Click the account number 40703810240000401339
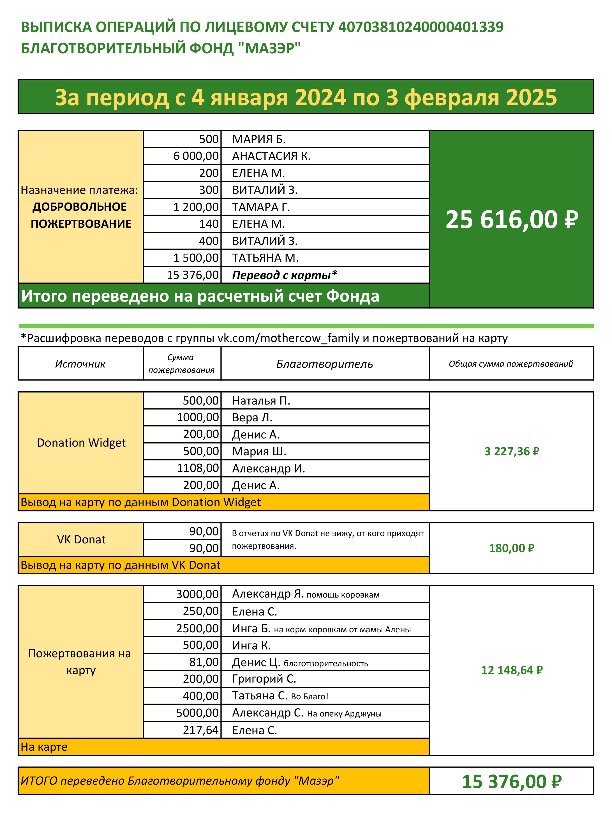[421, 27]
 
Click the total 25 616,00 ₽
[512, 219]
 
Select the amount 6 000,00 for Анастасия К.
[196, 156]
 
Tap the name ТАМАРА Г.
[261, 207]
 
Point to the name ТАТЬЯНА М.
[265, 258]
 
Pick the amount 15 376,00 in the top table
[193, 275]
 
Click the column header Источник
[80, 364]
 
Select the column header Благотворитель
[325, 364]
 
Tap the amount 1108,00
[198, 468]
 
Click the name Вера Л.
[252, 417]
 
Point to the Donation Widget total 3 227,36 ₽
[512, 451]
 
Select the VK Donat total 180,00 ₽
[512, 548]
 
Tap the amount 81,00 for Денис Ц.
[204, 662]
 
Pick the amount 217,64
[200, 730]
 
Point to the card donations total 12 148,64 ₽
[512, 670]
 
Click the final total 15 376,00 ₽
[512, 781]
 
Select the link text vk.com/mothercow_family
[288, 338]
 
